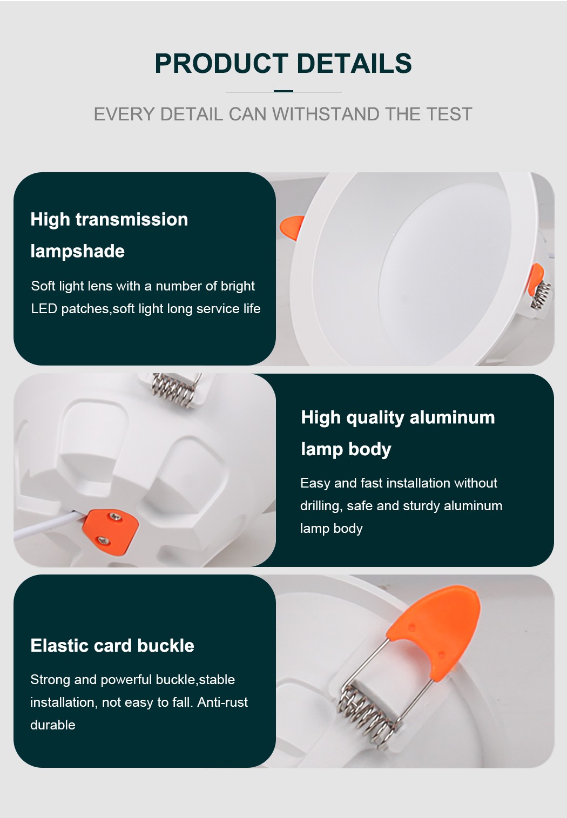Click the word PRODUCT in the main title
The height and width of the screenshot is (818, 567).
point(221,63)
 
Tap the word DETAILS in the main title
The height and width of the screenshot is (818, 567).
point(354,63)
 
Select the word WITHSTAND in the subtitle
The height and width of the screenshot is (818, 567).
point(326,114)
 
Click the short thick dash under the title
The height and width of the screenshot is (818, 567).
point(283,91)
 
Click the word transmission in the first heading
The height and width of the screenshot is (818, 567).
point(132,219)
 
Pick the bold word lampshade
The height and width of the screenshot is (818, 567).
point(77,251)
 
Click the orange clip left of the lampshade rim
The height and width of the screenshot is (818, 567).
point(292,227)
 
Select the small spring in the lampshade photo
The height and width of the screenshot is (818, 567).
point(542,294)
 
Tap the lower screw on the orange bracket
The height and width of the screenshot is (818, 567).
point(103,539)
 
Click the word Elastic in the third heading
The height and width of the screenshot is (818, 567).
point(59,646)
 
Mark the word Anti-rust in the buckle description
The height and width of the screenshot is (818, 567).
point(222,702)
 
